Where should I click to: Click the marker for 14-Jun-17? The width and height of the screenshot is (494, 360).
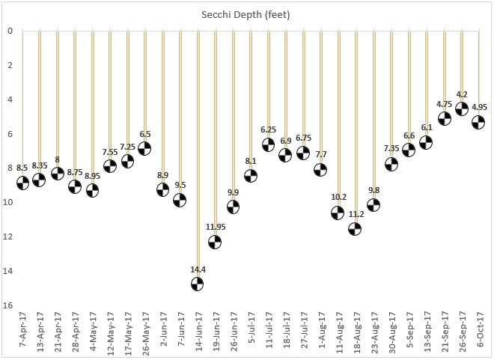[x=198, y=284]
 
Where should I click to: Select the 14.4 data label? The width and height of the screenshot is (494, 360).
[x=198, y=268]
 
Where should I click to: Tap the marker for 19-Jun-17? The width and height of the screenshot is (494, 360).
[x=215, y=241]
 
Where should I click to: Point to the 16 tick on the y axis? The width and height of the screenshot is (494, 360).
[x=9, y=305]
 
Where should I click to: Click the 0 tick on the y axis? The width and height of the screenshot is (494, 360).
[x=10, y=31]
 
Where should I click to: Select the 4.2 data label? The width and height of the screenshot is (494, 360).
[x=462, y=94]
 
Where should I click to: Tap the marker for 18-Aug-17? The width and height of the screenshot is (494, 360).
[x=356, y=229]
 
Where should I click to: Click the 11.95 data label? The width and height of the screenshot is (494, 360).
[x=215, y=226]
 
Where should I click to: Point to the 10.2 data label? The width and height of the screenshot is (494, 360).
[x=338, y=198]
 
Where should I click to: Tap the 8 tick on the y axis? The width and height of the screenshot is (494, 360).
[x=10, y=168]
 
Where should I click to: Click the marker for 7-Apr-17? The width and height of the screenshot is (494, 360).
[x=23, y=183]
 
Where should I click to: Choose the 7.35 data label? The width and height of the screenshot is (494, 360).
[x=391, y=148]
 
